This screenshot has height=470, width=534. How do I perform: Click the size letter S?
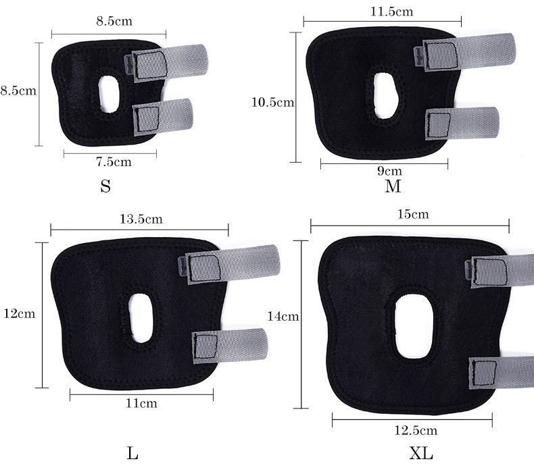[105, 186]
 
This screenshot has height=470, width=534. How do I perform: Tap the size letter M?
[393, 186]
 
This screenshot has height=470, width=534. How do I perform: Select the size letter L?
[132, 453]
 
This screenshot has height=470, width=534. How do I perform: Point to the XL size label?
[421, 453]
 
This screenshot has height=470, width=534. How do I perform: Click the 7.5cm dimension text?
[114, 161]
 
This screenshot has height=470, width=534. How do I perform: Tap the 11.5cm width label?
[391, 11]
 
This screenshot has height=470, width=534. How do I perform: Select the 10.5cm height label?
[273, 102]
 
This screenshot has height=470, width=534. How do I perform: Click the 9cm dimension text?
[389, 170]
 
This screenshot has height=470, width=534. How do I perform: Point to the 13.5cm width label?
[141, 219]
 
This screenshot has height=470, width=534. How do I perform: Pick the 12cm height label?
[20, 313]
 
